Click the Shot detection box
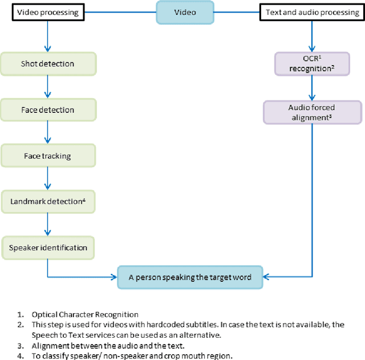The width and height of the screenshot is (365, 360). pos(48,63)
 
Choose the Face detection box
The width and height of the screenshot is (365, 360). pos(48,110)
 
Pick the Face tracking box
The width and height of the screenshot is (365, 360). pos(48,155)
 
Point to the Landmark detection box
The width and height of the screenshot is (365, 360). pos(48,201)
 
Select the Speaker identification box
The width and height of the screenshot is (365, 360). pos(48,248)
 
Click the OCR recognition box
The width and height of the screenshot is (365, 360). pos(311,63)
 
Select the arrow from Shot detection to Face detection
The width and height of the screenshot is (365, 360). pos(48,86)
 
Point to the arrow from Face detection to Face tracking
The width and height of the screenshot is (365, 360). pos(48,132)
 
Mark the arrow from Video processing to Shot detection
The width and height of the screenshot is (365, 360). pos(48,37)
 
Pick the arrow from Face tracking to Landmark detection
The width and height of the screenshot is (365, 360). pos(48,179)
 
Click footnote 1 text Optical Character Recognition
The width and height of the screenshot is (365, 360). pos(86,314)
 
